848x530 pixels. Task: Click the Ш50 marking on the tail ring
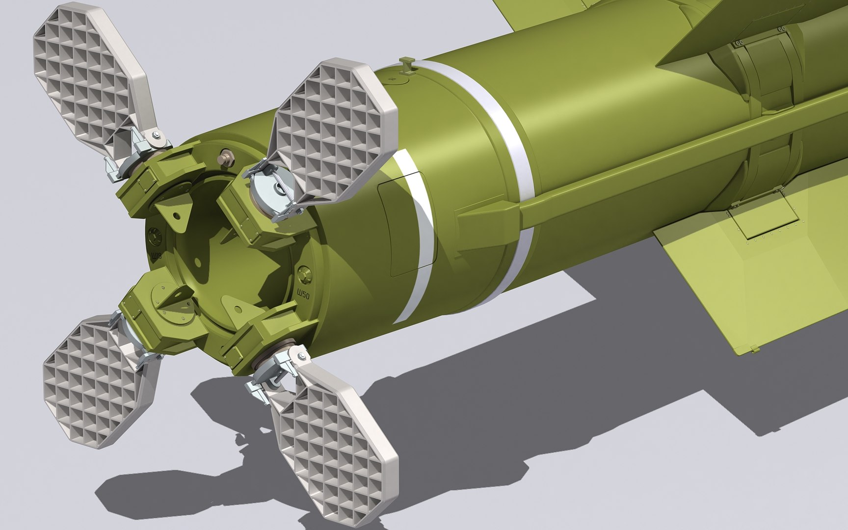(x=304, y=294)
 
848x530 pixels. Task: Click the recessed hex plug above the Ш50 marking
(x=304, y=271)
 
